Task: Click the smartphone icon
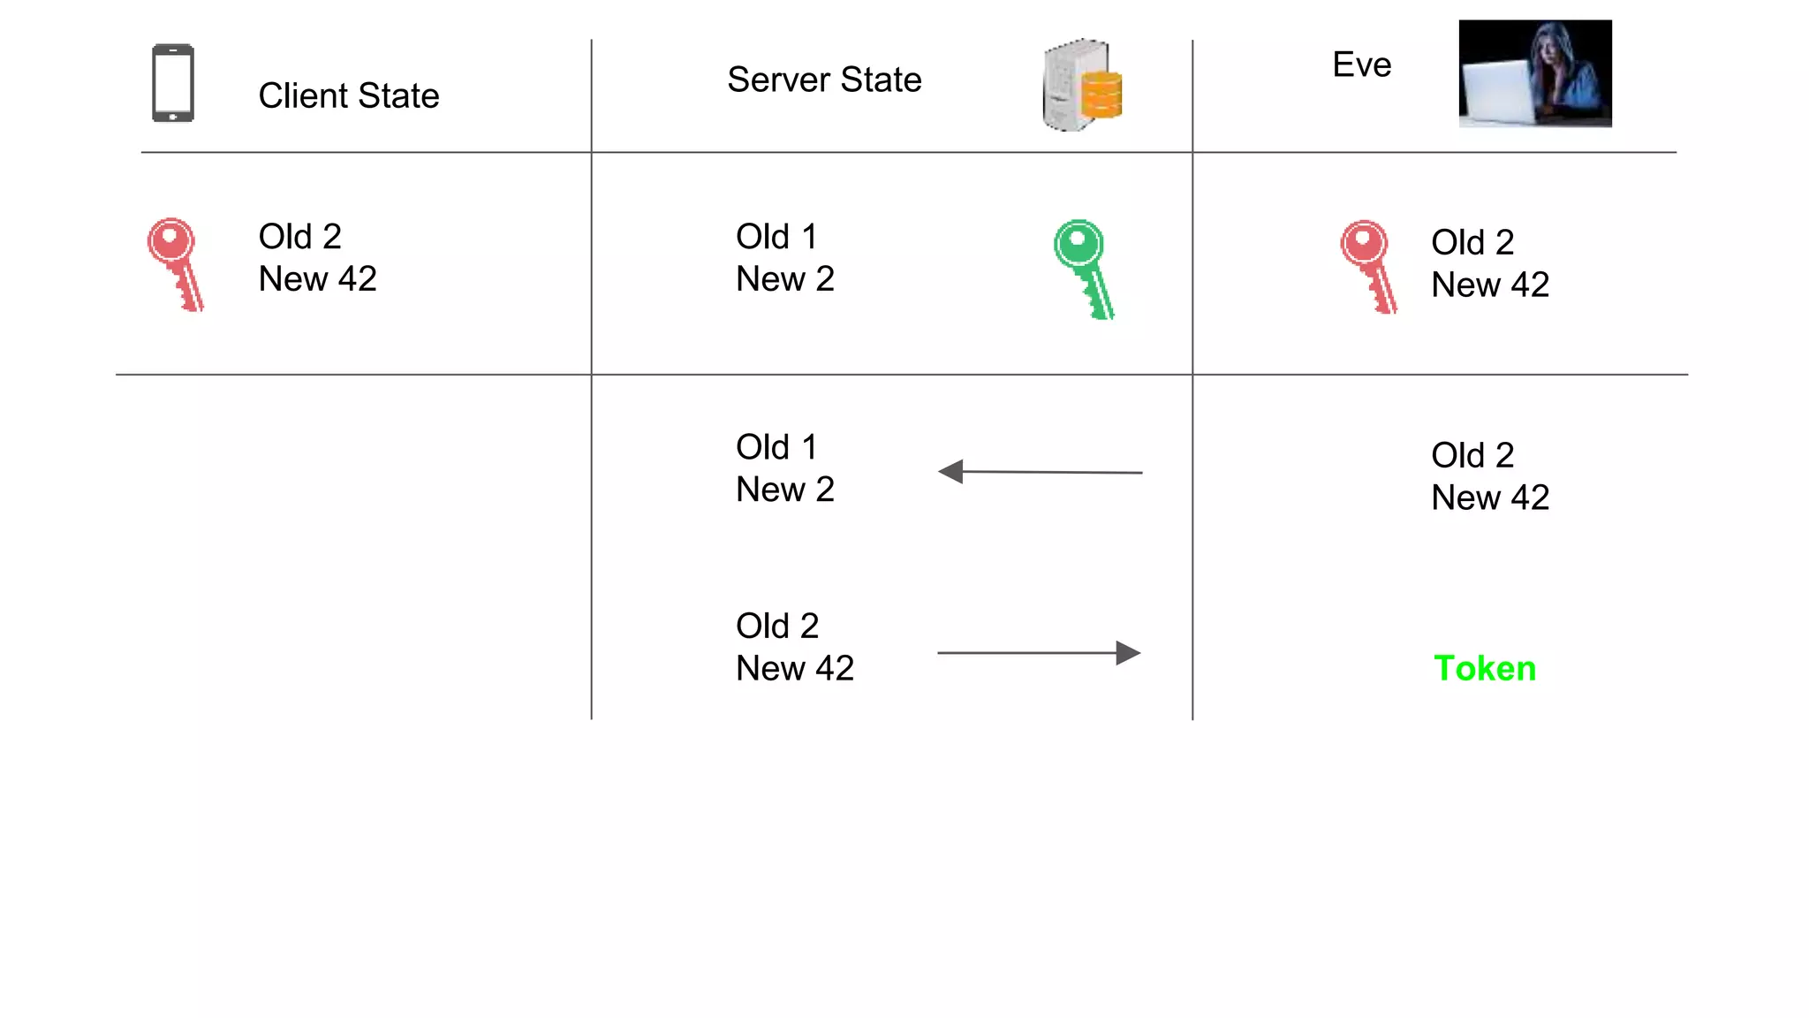173,83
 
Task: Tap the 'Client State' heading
349,95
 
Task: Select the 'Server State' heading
824,80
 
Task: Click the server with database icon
1083,86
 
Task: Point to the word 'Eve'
1361,65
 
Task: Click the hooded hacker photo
1535,73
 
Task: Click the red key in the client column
176,264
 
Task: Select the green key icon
1084,269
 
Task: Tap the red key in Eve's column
1368,266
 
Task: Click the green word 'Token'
1485,668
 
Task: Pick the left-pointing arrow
1040,472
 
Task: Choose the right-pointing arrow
1040,653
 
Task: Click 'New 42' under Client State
318,279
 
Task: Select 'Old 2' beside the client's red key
299,237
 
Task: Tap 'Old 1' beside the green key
776,237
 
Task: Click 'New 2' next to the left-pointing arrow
785,490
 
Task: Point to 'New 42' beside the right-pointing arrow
795,669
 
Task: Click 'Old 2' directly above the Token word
1472,456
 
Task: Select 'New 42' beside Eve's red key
1490,285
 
